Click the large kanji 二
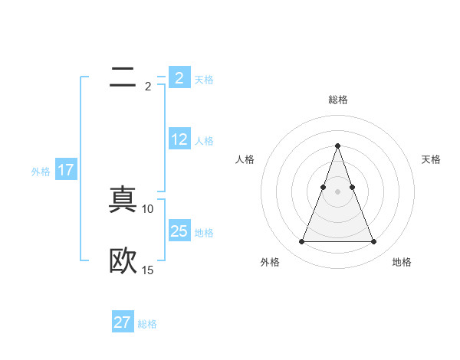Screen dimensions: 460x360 coord(123,77)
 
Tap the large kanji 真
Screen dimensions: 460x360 coord(123,201)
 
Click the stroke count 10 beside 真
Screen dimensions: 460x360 coord(148,208)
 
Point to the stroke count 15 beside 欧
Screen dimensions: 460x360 coord(148,270)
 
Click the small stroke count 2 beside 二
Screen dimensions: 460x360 coord(148,86)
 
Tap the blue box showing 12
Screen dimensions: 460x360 coord(179,139)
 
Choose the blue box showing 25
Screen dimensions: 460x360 coord(179,231)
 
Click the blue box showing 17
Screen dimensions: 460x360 coord(66,170)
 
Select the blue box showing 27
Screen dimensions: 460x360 coord(123,322)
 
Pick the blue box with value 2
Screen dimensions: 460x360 coord(179,78)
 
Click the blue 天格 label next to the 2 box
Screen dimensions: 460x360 coord(204,80)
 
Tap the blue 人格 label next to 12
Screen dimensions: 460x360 coord(204,141)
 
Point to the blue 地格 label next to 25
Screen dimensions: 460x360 coord(204,233)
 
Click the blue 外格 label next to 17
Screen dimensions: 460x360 coord(41,172)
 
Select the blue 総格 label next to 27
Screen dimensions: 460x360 coord(147,324)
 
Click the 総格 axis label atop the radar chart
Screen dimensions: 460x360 coord(337,100)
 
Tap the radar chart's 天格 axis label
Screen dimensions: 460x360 coord(432,159)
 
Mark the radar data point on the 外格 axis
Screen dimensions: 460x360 coord(301,242)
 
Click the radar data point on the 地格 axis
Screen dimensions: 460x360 coord(373,242)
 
